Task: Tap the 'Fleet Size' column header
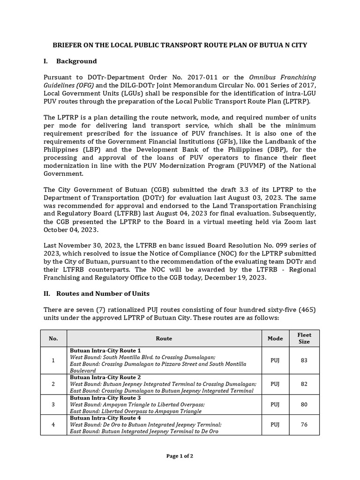(304, 338)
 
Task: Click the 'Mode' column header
(275, 338)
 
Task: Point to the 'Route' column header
(164, 338)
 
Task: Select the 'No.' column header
(53, 338)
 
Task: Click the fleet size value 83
(304, 360)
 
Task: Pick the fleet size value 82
(304, 383)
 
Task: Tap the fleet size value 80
(304, 404)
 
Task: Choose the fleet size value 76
(304, 425)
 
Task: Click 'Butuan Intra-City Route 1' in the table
(105, 350)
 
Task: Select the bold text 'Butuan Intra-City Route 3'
(105, 397)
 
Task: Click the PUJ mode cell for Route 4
(275, 425)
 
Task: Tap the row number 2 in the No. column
(53, 383)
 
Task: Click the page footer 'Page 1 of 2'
(180, 456)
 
